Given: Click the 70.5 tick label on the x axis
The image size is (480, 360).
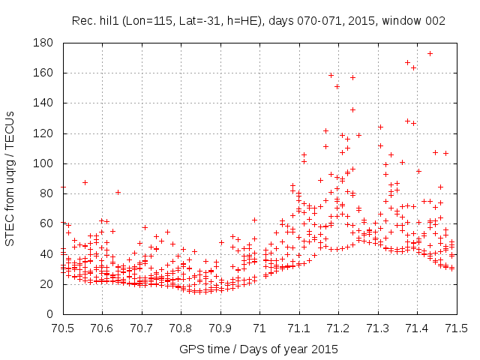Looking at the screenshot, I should coord(64,328).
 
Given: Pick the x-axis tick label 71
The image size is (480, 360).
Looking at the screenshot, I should coord(260,328).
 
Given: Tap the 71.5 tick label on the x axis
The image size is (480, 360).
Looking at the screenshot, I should coord(457,328).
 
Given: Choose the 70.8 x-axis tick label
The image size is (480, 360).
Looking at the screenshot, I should coord(181,328).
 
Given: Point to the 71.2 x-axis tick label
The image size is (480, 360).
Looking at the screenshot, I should coord(339,328).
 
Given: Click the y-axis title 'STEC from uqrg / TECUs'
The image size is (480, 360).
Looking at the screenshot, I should coord(10,178).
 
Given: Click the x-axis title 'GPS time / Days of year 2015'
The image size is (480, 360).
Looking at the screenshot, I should coord(259,349).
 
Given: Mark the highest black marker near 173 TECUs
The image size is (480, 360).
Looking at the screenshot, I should coord(430,53).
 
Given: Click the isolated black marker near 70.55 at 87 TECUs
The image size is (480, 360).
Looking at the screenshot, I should coord(85,182).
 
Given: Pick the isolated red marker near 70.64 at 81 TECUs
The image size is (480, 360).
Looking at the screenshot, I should coord(118,192).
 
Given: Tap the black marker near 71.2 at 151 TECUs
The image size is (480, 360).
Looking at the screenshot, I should coord(337,86).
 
